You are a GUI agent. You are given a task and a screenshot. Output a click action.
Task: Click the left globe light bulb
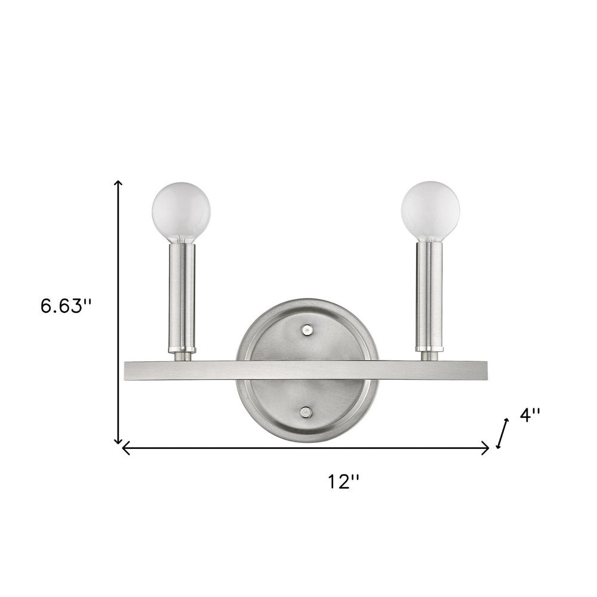[181, 211]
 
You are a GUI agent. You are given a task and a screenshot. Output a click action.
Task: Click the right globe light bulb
[430, 211]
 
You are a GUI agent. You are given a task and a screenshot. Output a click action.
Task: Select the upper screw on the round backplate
[307, 329]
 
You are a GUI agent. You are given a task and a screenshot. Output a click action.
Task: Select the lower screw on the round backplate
[307, 411]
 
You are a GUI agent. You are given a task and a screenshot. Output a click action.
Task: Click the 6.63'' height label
[66, 306]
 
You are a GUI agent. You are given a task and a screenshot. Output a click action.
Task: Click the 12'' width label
[343, 481]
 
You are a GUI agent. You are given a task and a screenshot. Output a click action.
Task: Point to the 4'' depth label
[529, 416]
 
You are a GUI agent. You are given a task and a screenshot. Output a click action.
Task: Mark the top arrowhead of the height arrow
[119, 183]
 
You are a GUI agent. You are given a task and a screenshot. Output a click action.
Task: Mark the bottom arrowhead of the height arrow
[119, 441]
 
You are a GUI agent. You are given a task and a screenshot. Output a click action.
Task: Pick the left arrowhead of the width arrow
[125, 448]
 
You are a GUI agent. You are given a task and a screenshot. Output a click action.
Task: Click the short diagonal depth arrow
[503, 433]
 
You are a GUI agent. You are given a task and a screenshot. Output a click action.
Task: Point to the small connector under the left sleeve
[181, 356]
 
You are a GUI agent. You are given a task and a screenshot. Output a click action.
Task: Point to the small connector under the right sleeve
[429, 356]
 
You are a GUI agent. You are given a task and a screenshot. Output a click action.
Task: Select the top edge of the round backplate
[307, 300]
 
